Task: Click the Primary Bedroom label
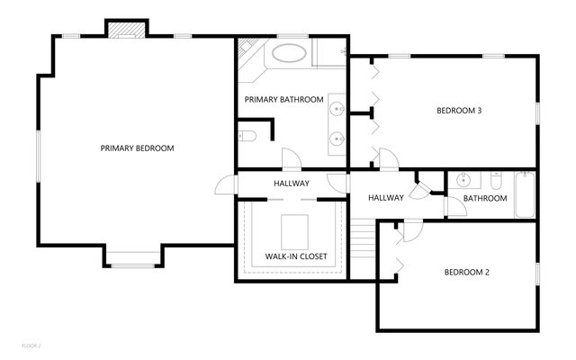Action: pyautogui.click(x=137, y=148)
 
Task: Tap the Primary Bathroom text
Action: pyautogui.click(x=283, y=100)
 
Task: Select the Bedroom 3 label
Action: pyautogui.click(x=459, y=112)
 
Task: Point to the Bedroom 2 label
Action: pyautogui.click(x=466, y=273)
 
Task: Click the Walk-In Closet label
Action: pyautogui.click(x=295, y=257)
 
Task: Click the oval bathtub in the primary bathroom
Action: pyautogui.click(x=290, y=52)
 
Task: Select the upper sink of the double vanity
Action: pyautogui.click(x=337, y=109)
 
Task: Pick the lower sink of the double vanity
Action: pyautogui.click(x=337, y=139)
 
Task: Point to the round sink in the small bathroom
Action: pyautogui.click(x=463, y=177)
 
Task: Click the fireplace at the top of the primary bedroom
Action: pyautogui.click(x=124, y=30)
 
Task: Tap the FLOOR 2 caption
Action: pyautogui.click(x=32, y=345)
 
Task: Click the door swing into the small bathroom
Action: pyautogui.click(x=455, y=207)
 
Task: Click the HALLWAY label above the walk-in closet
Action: pyautogui.click(x=292, y=184)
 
